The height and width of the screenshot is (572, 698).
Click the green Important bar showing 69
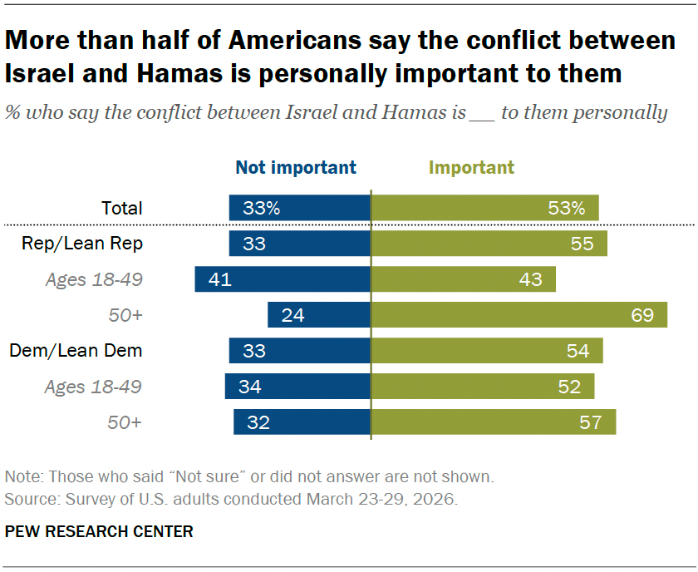point(519,315)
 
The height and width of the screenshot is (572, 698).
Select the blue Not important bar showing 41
point(283,279)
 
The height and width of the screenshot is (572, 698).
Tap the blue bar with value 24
point(319,315)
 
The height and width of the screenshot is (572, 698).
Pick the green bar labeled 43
point(463,279)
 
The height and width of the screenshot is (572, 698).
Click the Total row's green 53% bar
point(484,208)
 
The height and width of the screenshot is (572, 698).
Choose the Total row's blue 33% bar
point(300,208)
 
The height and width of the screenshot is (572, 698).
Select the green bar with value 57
point(494,422)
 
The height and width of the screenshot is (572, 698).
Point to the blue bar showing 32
point(302,422)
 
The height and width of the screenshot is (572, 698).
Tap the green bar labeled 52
point(483,387)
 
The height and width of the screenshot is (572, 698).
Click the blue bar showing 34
point(297,387)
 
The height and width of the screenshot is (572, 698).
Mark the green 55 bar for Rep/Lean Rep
point(489,244)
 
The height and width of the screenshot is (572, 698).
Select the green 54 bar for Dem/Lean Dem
point(487,351)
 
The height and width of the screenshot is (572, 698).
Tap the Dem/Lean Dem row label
point(76,351)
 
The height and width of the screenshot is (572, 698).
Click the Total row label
point(122,208)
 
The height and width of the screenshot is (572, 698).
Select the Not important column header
point(296,167)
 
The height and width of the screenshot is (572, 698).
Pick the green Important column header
point(471,167)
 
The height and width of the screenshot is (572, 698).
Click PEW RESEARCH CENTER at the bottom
point(99,531)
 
